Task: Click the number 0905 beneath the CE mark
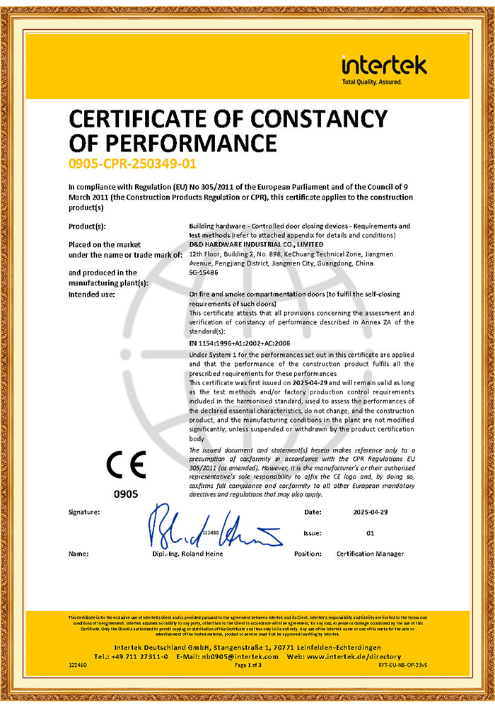tap(126, 493)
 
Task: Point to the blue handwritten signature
tap(212, 528)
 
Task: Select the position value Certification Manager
tap(371, 554)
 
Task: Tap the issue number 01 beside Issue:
tap(371, 532)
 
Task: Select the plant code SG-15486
tap(205, 271)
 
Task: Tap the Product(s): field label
tap(87, 226)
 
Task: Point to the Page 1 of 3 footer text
tap(248, 666)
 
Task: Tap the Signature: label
tap(84, 510)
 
